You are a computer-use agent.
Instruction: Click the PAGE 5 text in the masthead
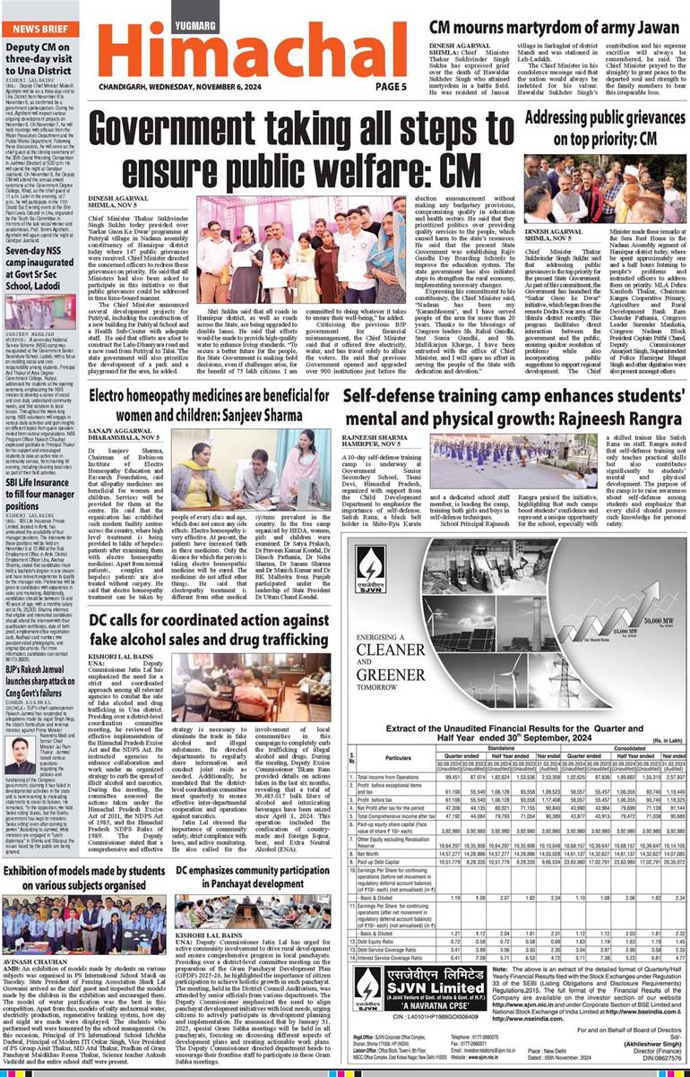tap(390, 87)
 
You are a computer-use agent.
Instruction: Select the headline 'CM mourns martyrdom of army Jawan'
tap(554, 28)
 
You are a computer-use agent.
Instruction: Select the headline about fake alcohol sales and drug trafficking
tap(208, 601)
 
